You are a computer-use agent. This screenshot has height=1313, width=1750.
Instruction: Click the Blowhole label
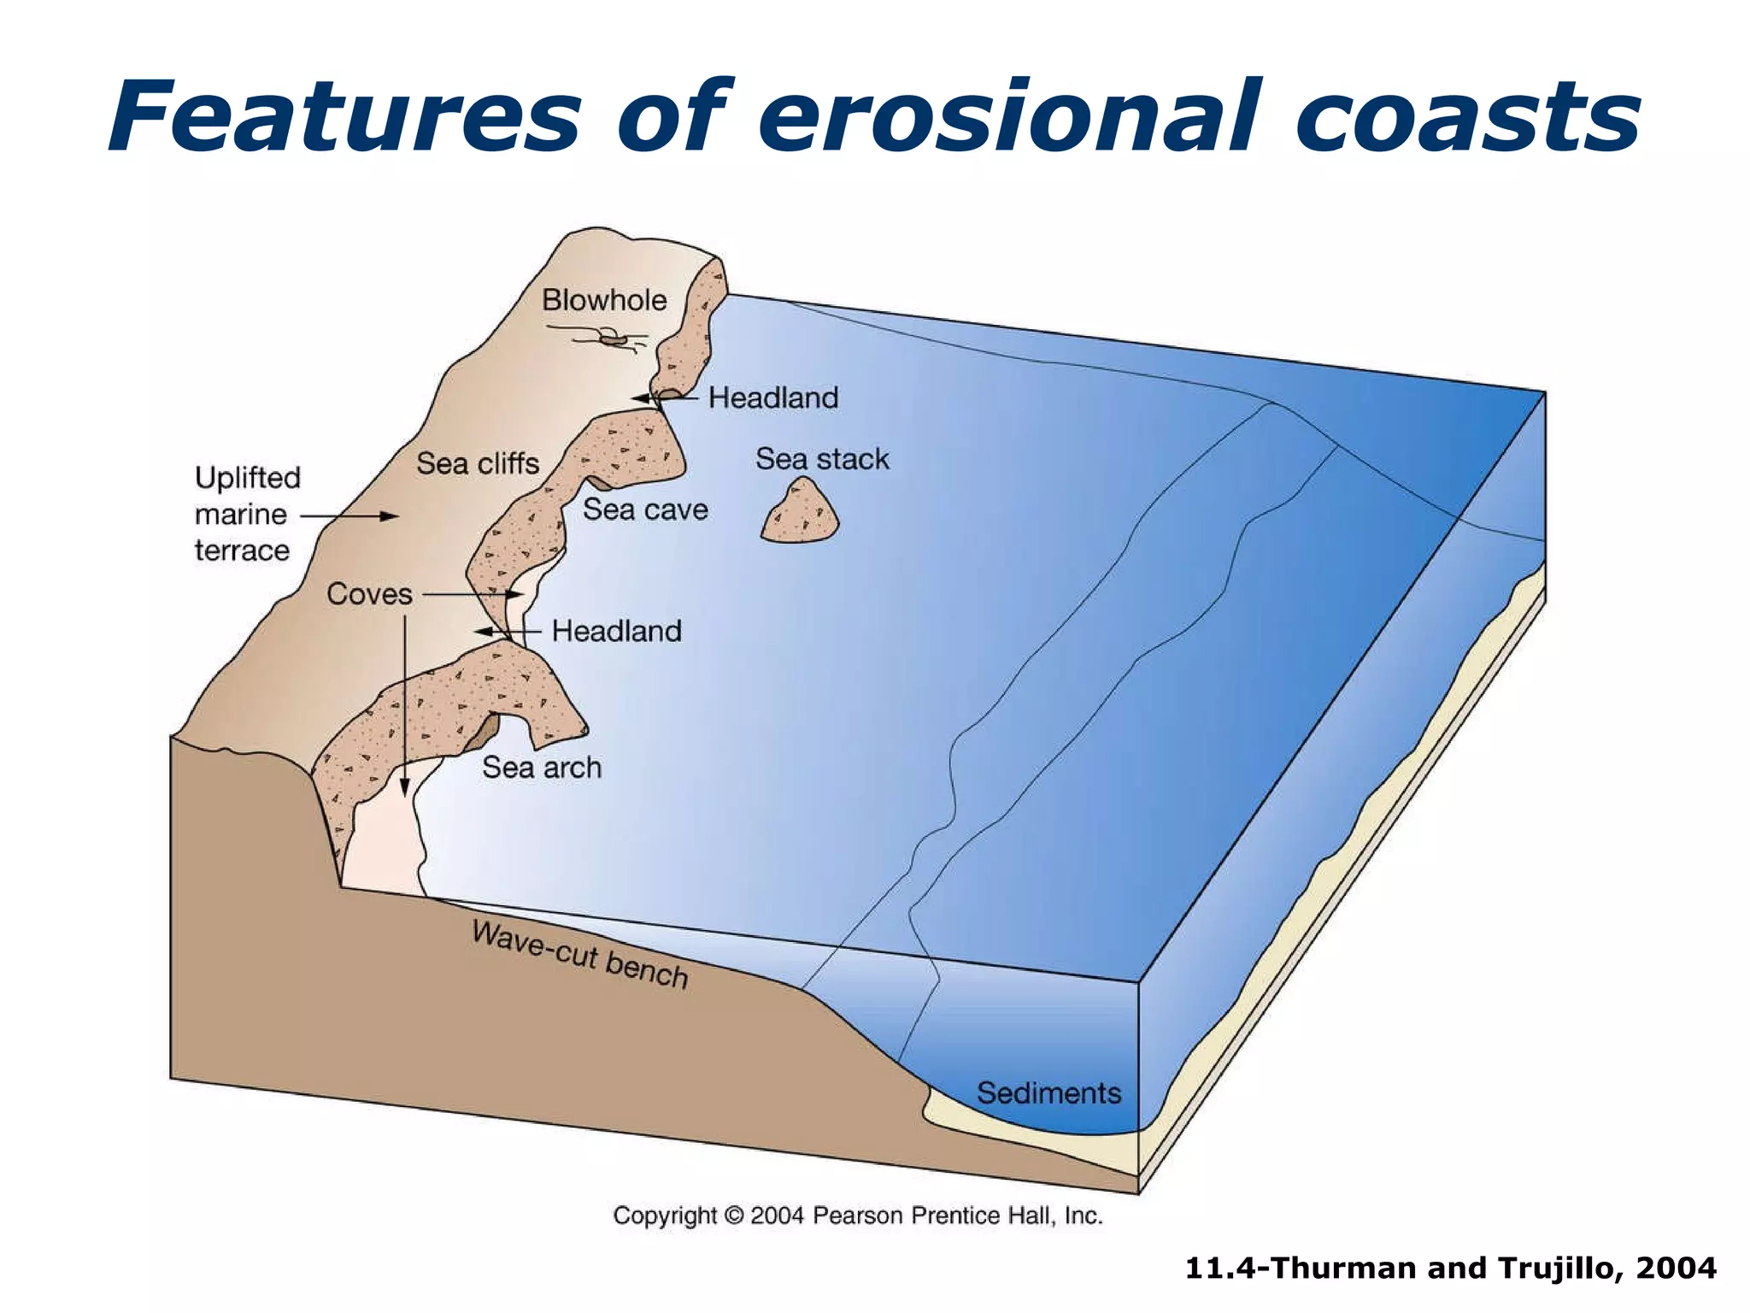coord(604,301)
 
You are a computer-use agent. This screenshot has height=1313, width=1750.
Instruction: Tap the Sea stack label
coord(822,460)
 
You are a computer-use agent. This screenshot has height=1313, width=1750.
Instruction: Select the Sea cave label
coord(645,510)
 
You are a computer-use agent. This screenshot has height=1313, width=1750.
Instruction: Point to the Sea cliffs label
coord(478,464)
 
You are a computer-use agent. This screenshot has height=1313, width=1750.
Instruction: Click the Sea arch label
coord(542,768)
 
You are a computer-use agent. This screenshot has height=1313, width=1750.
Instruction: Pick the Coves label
coord(369,594)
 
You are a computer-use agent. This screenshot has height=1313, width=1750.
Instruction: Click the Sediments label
coord(1048,1093)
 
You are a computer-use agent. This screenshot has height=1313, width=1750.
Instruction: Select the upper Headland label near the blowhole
coord(773,398)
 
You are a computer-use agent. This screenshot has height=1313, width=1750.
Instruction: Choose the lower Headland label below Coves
coord(616,632)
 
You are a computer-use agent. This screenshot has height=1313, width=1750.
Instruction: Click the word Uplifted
coord(248,478)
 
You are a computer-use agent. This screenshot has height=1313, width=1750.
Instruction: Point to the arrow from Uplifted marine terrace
coord(350,516)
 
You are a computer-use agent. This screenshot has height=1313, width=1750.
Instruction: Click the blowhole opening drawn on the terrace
coord(614,340)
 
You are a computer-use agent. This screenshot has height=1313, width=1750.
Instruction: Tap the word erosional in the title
coord(1008,116)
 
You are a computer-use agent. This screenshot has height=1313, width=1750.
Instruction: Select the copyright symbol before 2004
coord(734,1216)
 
